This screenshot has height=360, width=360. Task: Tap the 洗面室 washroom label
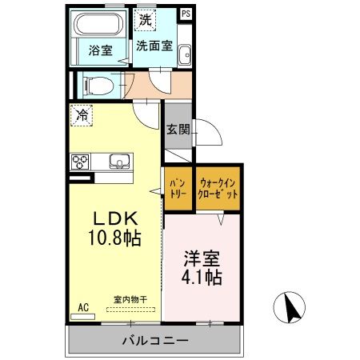pyautogui.click(x=154, y=46)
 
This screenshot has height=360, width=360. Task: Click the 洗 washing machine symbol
pyautogui.click(x=144, y=18)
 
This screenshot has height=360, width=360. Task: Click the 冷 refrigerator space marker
pyautogui.click(x=81, y=114)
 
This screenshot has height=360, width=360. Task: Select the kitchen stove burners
pyautogui.click(x=81, y=162)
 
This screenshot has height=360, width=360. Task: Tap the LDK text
pyautogui.click(x=118, y=218)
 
